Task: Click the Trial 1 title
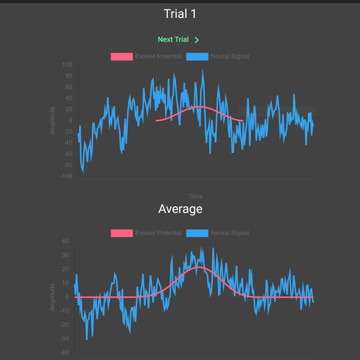coord(180,14)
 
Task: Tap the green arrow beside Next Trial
coord(197,40)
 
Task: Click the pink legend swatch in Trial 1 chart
coord(122,57)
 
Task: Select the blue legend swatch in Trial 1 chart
coord(197,57)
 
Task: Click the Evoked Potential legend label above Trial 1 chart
coord(158,57)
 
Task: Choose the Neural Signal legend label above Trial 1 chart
coord(230,57)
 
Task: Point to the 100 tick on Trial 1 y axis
coord(67,65)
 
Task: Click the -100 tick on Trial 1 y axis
coord(66,176)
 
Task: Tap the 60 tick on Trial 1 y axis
coord(68,87)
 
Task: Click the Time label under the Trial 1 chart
coord(195,196)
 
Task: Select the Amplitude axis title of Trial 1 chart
coord(53,121)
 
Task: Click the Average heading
coord(180,209)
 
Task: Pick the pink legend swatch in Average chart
coord(122,233)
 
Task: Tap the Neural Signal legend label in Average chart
coord(230,233)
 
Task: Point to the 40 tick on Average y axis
coord(65,241)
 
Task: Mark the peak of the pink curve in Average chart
coord(198,267)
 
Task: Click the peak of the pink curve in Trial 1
coord(199,107)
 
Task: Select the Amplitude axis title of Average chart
coord(53,297)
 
